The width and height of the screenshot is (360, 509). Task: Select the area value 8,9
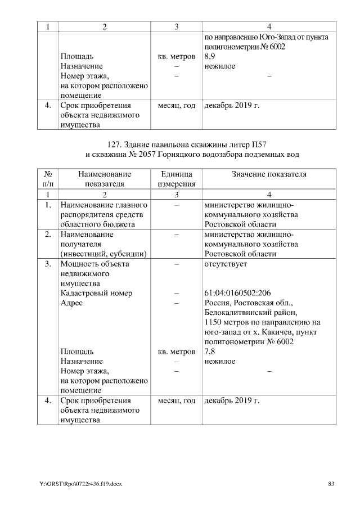click(209, 57)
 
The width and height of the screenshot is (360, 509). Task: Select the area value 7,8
click(209, 352)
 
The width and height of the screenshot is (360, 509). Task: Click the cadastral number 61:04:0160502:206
click(238, 293)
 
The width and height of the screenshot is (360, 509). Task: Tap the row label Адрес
click(71, 303)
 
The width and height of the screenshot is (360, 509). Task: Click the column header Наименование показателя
click(104, 179)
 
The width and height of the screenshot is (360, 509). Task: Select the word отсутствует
click(223, 264)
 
